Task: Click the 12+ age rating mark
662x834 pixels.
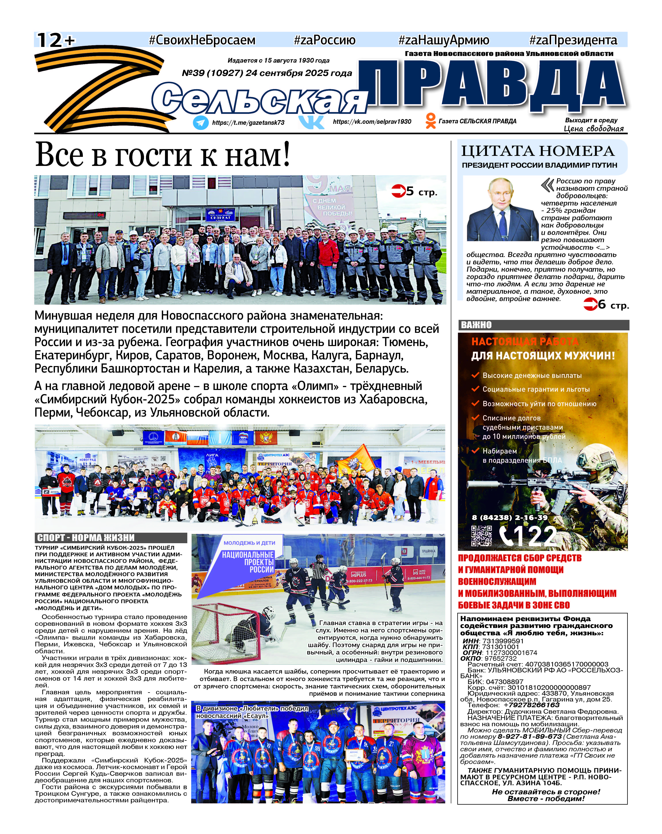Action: pyautogui.click(x=55, y=40)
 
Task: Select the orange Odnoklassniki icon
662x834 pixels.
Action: pyautogui.click(x=430, y=121)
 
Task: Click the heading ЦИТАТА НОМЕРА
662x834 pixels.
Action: pyautogui.click(x=537, y=151)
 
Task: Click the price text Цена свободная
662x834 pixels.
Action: pyautogui.click(x=594, y=129)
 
